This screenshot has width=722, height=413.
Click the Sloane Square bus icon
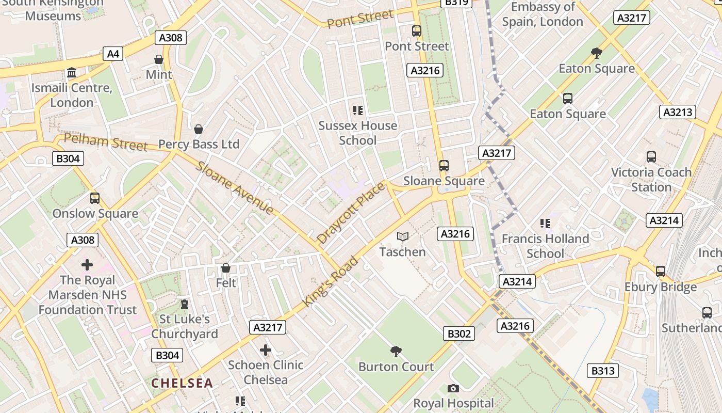pyautogui.click(x=444, y=166)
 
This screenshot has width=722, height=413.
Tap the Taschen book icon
pyautogui.click(x=403, y=236)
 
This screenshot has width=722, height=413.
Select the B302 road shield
pyautogui.click(x=458, y=333)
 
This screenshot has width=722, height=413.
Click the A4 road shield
pyautogui.click(x=113, y=54)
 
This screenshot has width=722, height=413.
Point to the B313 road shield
pyautogui.click(x=603, y=370)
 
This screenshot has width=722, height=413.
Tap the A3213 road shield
pyautogui.click(x=678, y=112)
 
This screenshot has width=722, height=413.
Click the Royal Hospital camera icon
pyautogui.click(x=453, y=388)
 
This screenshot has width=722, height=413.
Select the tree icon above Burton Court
pyautogui.click(x=396, y=352)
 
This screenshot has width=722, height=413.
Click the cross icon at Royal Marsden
pyautogui.click(x=87, y=265)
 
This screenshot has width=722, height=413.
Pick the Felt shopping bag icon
pyautogui.click(x=226, y=268)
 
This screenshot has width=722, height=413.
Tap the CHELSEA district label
pyautogui.click(x=182, y=383)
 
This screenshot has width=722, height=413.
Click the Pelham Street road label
pyautogui.click(x=106, y=142)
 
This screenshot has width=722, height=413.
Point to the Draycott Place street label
pyautogui.click(x=351, y=213)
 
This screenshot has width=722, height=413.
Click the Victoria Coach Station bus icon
pyautogui.click(x=651, y=157)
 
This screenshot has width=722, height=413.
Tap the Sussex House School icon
pyautogui.click(x=357, y=110)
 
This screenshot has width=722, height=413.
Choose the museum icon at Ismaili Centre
pyautogui.click(x=72, y=73)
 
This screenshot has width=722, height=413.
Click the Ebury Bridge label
pyautogui.click(x=660, y=287)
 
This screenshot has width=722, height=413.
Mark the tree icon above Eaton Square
pyautogui.click(x=597, y=53)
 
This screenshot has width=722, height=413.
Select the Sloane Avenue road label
pyautogui.click(x=235, y=188)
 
